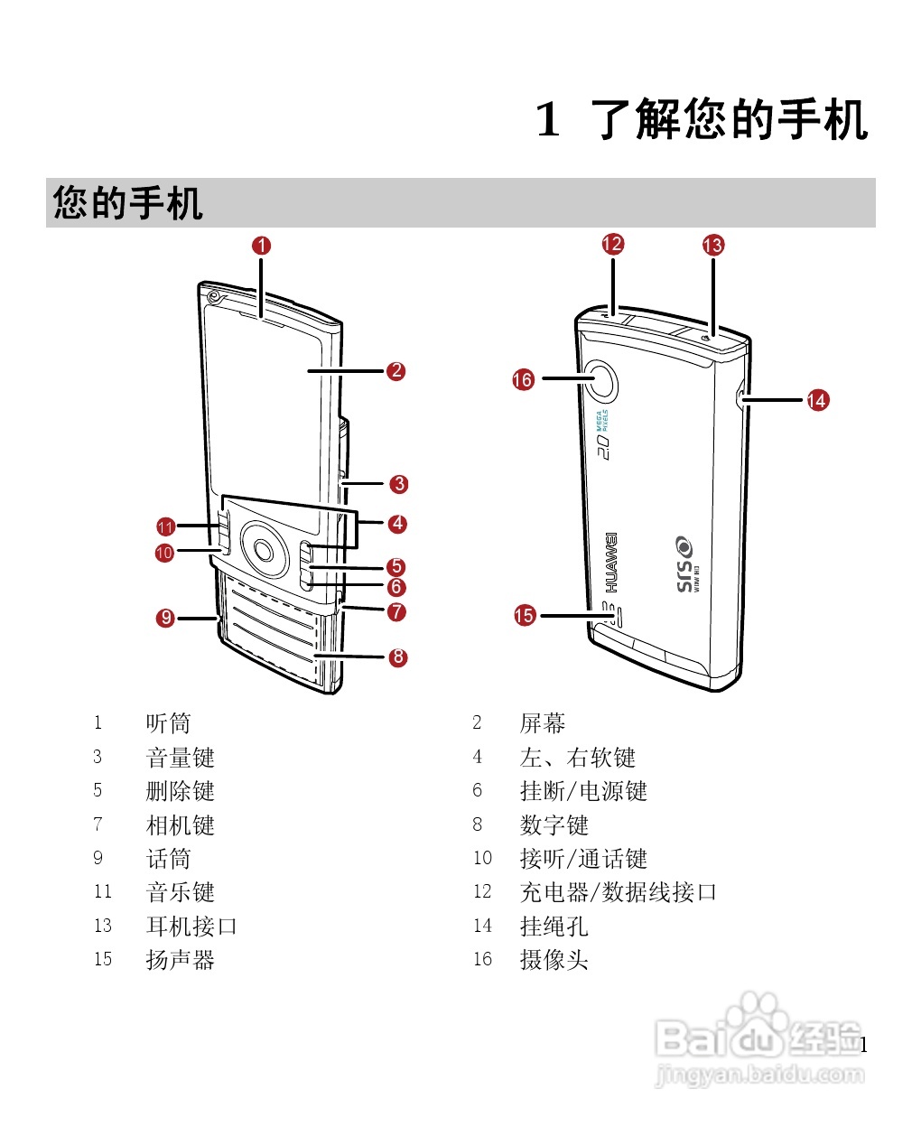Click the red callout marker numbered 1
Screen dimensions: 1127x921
[x=262, y=246]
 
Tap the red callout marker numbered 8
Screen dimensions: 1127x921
[x=398, y=657]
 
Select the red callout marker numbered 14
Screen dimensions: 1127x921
[x=817, y=400]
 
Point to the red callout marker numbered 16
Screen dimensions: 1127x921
[x=523, y=380]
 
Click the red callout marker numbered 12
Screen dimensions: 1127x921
[x=613, y=244]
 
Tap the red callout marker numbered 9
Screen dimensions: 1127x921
[x=165, y=619]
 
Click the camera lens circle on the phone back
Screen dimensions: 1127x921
[x=604, y=380]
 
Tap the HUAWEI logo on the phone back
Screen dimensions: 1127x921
[x=611, y=562]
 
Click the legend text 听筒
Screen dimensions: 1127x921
[x=168, y=723]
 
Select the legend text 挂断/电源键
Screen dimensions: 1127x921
[x=583, y=791]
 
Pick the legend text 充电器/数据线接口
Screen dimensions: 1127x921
[x=619, y=892]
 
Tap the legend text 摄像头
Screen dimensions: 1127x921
[x=554, y=960]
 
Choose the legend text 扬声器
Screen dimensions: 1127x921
[x=180, y=960]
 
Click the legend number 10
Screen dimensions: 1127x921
[x=482, y=858]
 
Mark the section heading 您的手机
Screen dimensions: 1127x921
[x=127, y=202]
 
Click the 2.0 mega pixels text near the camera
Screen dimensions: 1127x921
[x=602, y=434]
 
